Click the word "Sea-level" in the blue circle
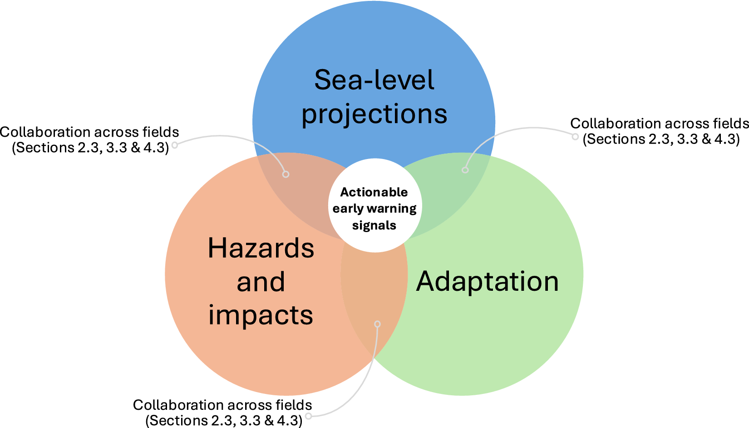pyautogui.click(x=374, y=80)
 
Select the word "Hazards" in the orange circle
pyautogui.click(x=261, y=248)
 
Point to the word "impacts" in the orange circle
pyautogui.click(x=261, y=315)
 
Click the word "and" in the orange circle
pyautogui.click(x=261, y=281)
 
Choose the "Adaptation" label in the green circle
pyautogui.click(x=487, y=282)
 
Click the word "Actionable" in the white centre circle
pyautogui.click(x=374, y=192)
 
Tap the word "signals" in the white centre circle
pyautogui.click(x=374, y=225)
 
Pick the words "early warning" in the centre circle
pyautogui.click(x=374, y=209)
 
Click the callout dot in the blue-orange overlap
pyautogui.click(x=286, y=174)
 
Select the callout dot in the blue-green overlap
pyautogui.click(x=465, y=170)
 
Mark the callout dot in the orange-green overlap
pyautogui.click(x=378, y=324)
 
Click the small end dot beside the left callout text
pyautogui.click(x=175, y=145)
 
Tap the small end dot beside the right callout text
pyautogui.click(x=575, y=136)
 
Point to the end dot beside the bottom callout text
pyautogui.click(x=309, y=416)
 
